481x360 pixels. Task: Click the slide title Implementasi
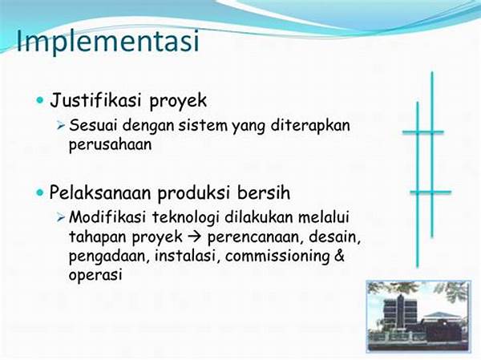click(x=108, y=41)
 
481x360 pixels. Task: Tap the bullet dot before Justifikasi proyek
click(x=40, y=100)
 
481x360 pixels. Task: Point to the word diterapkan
click(x=310, y=126)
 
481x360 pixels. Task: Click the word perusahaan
click(x=111, y=144)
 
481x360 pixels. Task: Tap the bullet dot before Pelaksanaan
click(x=40, y=193)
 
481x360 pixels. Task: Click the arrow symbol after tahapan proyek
click(x=195, y=237)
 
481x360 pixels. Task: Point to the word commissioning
click(x=277, y=257)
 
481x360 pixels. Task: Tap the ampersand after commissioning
click(x=339, y=255)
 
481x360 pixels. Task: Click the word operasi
click(x=95, y=275)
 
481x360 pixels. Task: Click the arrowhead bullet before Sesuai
click(x=61, y=126)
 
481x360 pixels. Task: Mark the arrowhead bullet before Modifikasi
click(x=61, y=217)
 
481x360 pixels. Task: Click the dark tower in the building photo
click(x=401, y=313)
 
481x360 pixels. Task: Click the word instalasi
click(x=187, y=256)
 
